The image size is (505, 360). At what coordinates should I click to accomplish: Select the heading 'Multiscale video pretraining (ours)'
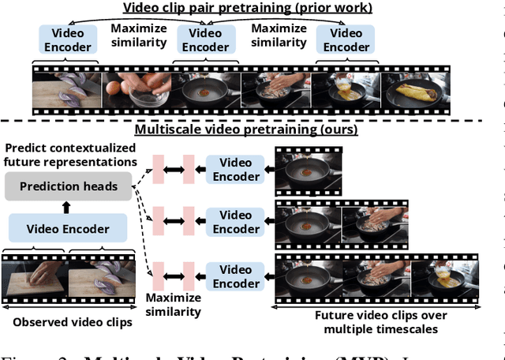(x=246, y=129)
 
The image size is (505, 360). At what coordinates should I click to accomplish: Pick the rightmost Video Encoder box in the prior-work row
(x=346, y=39)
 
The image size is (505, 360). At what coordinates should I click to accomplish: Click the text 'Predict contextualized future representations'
(x=69, y=156)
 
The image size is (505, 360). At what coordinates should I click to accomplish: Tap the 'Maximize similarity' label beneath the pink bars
(x=173, y=305)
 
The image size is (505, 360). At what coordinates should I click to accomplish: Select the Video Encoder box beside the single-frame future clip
(x=235, y=169)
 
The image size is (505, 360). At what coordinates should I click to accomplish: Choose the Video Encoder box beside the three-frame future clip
(x=235, y=276)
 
